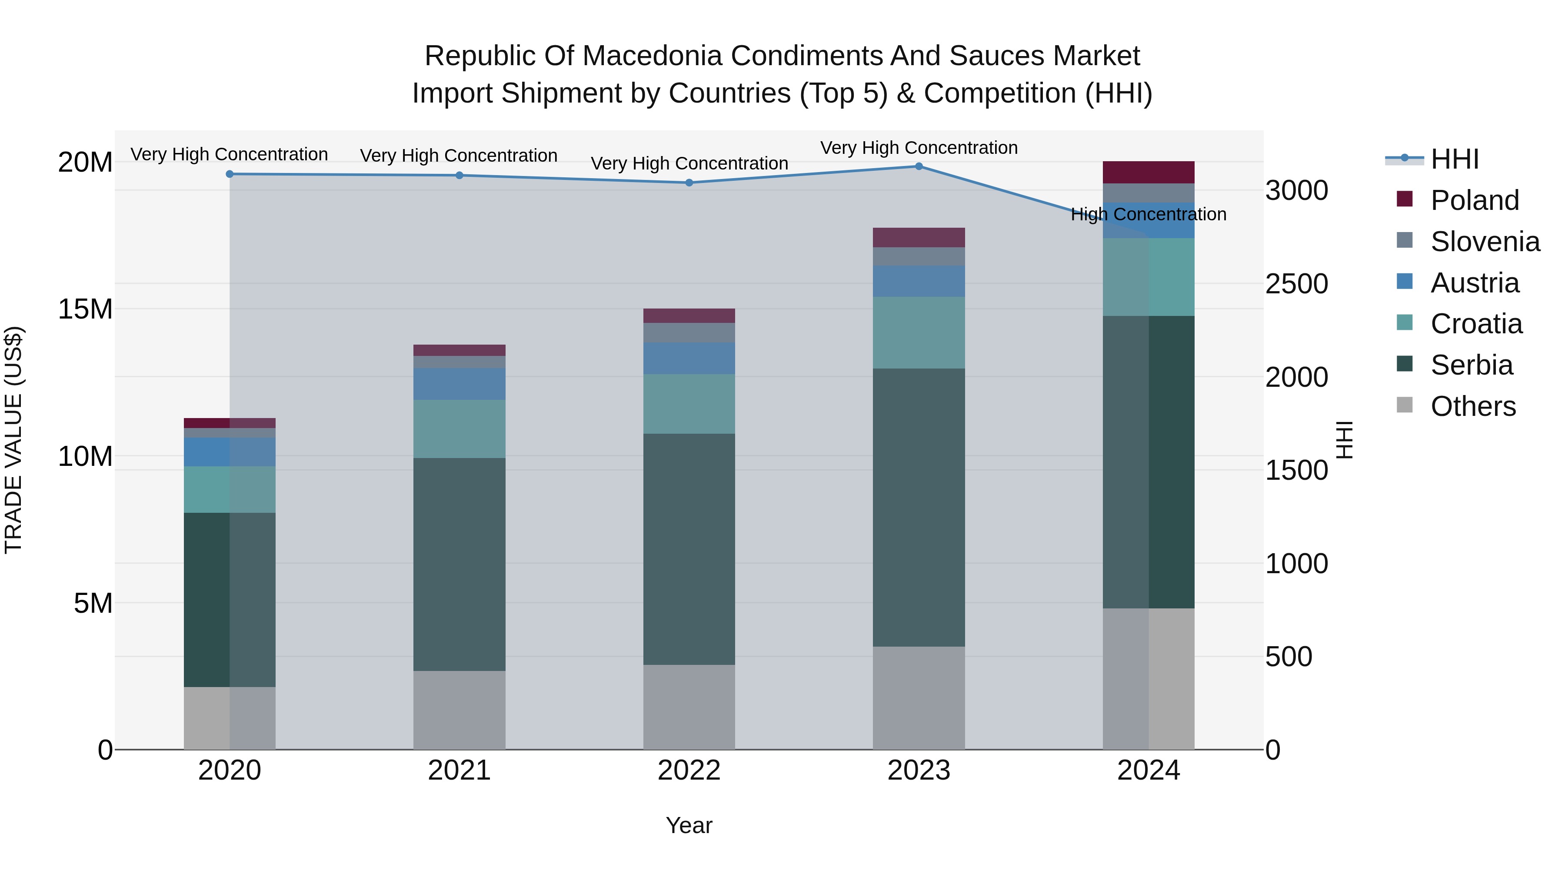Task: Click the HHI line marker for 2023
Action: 919,166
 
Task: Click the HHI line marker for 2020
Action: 230,174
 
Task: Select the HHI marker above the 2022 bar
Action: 689,183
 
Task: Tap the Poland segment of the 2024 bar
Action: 1148,173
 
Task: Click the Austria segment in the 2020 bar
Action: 230,452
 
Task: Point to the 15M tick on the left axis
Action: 86,309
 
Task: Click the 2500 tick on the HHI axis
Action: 1296,284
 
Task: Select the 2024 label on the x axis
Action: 1148,770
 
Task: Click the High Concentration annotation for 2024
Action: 1148,214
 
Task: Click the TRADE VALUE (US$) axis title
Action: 13,440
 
